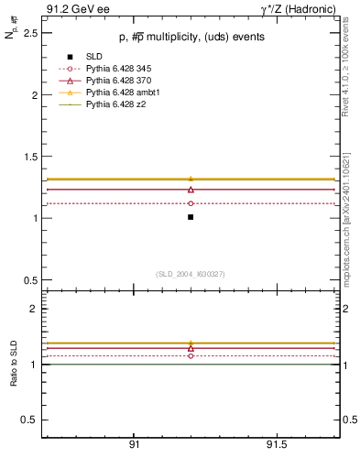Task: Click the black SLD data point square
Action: pyautogui.click(x=191, y=217)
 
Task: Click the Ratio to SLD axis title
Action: pyautogui.click(x=14, y=364)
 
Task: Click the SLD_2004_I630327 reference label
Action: pyautogui.click(x=190, y=274)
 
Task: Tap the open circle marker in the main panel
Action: pyautogui.click(x=191, y=203)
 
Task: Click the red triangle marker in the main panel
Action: pyautogui.click(x=191, y=189)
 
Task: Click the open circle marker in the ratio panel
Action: pyautogui.click(x=191, y=355)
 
